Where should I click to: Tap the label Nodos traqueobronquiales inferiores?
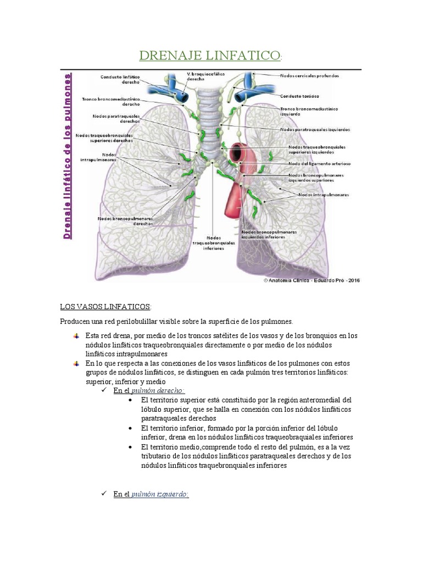click(214, 241)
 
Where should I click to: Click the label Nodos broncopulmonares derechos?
click(125, 221)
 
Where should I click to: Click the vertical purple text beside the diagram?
click(69, 156)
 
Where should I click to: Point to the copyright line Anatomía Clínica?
click(312, 280)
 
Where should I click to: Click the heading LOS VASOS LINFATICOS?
click(105, 306)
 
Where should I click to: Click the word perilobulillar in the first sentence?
click(136, 321)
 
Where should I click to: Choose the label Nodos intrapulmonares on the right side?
click(324, 195)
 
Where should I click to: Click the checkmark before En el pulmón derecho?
click(106, 390)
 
